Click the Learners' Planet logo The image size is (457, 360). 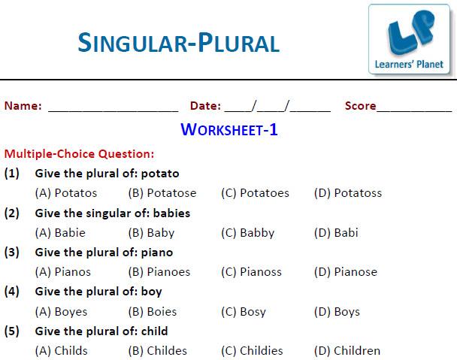pyautogui.click(x=409, y=39)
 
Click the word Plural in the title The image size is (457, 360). pyautogui.click(x=239, y=43)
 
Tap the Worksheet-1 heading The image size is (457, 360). pyautogui.click(x=229, y=129)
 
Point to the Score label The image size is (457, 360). pyautogui.click(x=360, y=105)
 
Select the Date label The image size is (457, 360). pyautogui.click(x=205, y=105)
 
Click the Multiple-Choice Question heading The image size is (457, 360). pyautogui.click(x=79, y=154)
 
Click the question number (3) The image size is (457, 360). pyautogui.click(x=12, y=253)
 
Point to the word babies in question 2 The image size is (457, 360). pyautogui.click(x=171, y=213)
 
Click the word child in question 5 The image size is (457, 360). pyautogui.click(x=155, y=331)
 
